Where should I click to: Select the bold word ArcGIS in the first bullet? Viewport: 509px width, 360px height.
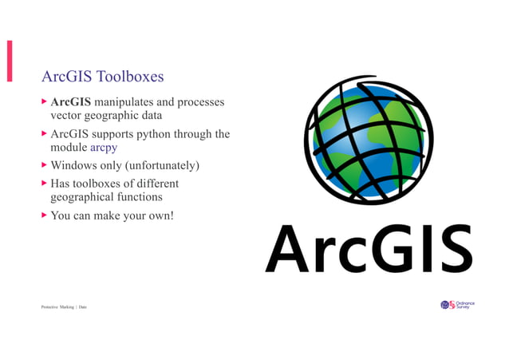[x=71, y=102]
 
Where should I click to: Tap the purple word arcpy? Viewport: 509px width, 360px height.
[x=105, y=148]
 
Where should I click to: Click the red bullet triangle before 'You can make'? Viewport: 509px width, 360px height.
[x=44, y=215]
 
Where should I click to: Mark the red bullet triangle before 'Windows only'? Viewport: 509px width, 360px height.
[x=44, y=166]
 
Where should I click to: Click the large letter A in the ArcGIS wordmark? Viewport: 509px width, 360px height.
[x=288, y=248]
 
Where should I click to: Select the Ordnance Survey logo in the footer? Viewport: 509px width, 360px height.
[x=457, y=305]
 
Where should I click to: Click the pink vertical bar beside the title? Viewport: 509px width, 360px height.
[x=10, y=61]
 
